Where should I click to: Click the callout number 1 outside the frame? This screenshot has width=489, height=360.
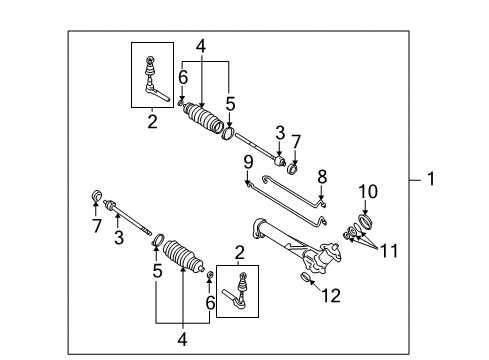[x=430, y=181]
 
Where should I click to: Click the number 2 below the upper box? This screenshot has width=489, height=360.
[x=152, y=122]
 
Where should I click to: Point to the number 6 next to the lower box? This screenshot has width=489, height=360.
[x=210, y=301]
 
